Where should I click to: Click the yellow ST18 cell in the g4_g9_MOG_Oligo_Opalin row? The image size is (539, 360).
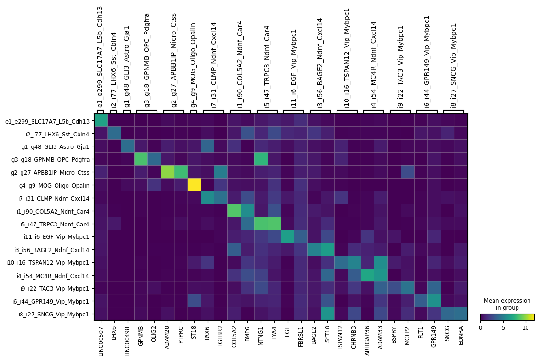(x=193, y=185)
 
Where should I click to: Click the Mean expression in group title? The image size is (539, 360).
(x=507, y=304)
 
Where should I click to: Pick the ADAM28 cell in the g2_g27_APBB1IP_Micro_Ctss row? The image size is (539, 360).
(x=167, y=173)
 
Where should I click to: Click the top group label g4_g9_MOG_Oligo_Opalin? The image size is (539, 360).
(x=193, y=65)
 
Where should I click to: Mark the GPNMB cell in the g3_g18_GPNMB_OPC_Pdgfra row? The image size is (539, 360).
(x=141, y=159)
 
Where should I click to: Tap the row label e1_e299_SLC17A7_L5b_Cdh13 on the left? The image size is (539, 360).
(x=47, y=121)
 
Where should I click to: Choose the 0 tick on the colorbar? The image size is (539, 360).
(x=480, y=327)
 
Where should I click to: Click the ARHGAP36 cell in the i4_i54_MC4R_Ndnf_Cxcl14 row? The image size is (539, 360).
(x=367, y=276)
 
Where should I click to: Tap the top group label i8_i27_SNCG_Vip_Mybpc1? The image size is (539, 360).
(x=454, y=65)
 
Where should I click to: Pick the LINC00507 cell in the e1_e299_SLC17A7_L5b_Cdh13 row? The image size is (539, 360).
(x=101, y=121)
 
